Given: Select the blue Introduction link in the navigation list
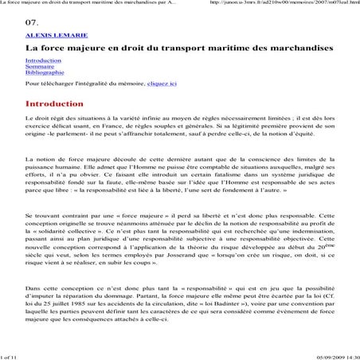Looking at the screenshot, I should coord(42,61).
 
